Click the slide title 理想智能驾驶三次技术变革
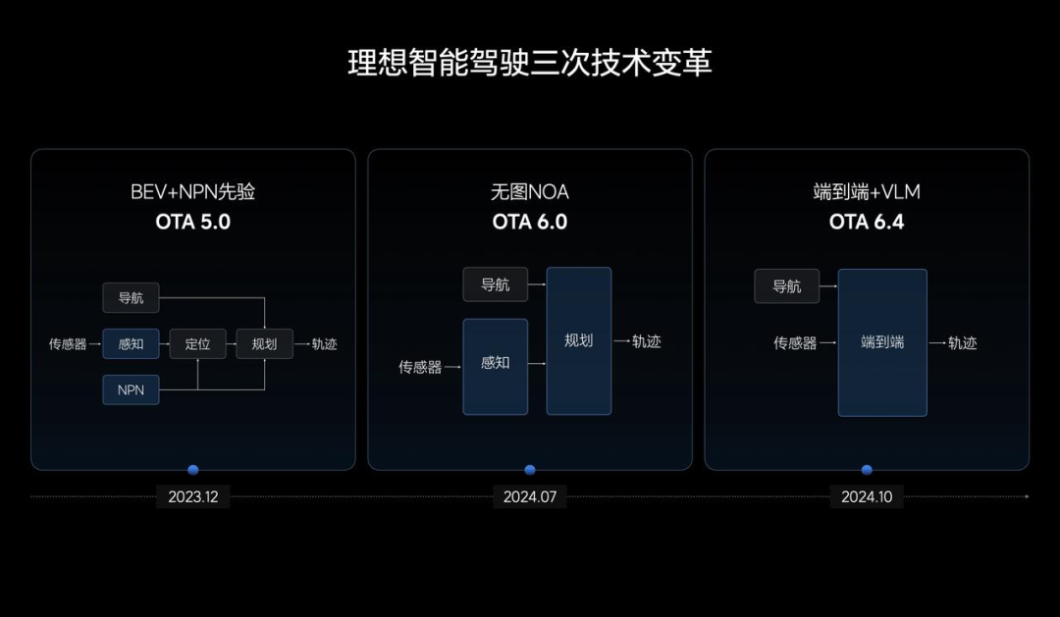[x=530, y=63]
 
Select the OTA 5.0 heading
[x=192, y=222]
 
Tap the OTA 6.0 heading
[x=530, y=222]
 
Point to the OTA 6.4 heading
[x=867, y=222]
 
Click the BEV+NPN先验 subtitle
[x=192, y=192]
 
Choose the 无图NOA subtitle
[x=530, y=192]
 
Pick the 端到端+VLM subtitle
[x=867, y=192]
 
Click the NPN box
[x=132, y=390]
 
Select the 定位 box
[x=197, y=344]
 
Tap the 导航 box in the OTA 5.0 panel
[x=132, y=298]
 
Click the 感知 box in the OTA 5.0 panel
[x=132, y=344]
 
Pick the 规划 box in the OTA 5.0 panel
[x=264, y=344]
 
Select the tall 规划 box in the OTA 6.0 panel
[x=579, y=340]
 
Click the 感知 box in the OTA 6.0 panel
[x=496, y=366]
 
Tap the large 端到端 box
[x=882, y=342]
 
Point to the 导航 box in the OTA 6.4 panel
[x=787, y=285]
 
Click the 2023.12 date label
[x=192, y=496]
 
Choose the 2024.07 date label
[x=530, y=496]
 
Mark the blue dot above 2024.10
[x=867, y=470]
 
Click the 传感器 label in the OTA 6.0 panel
[x=420, y=367]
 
